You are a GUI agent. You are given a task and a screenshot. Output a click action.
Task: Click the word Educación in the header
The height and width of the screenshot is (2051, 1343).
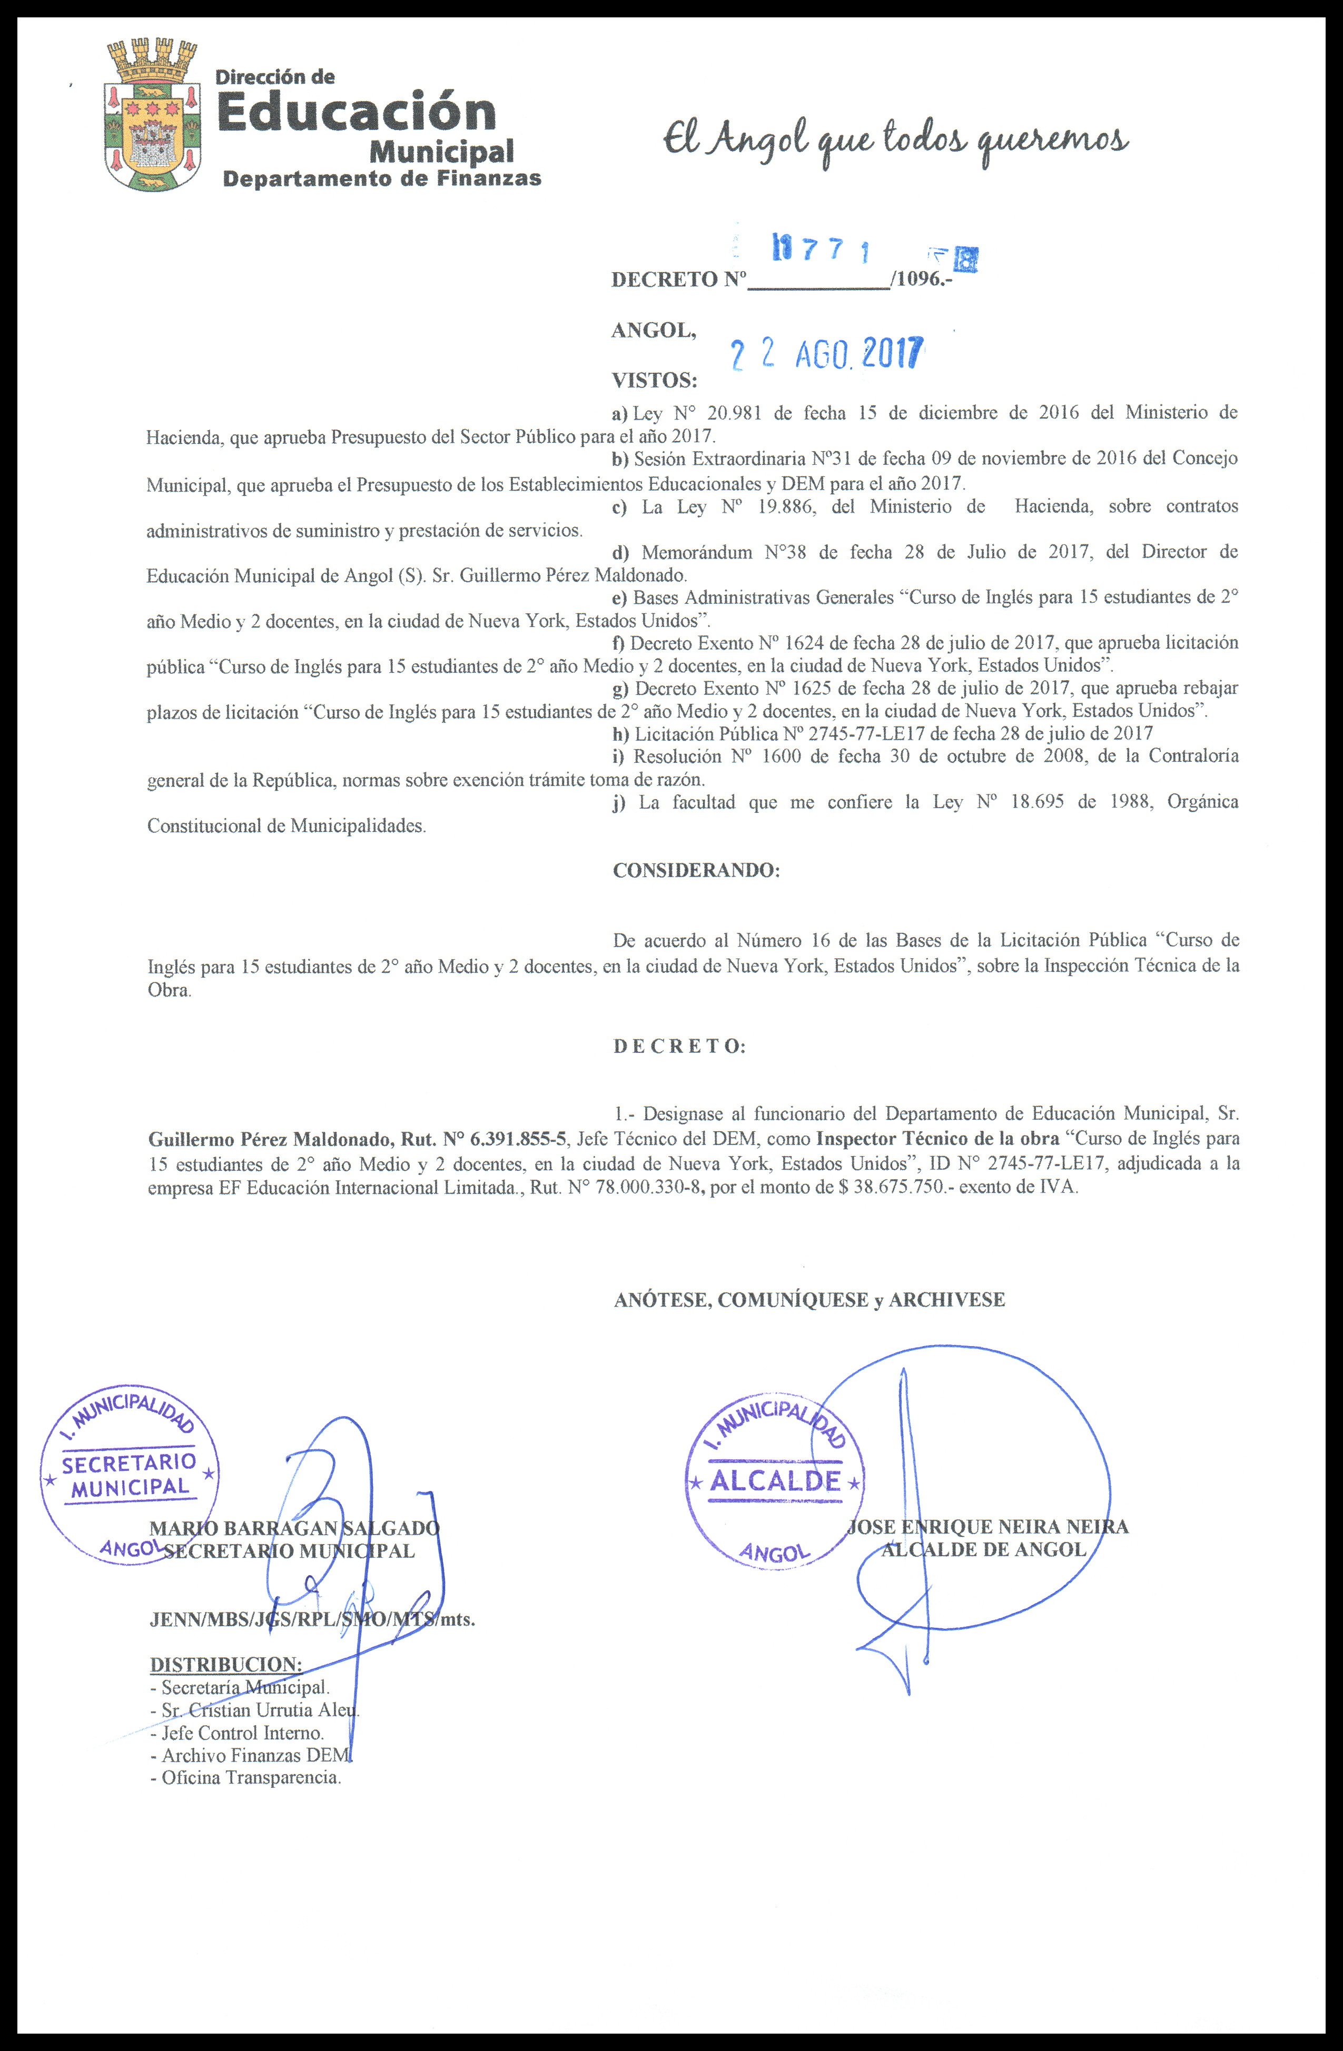355,113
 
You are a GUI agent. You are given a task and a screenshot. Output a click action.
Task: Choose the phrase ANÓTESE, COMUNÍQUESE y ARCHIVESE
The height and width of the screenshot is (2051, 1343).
808,1300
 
